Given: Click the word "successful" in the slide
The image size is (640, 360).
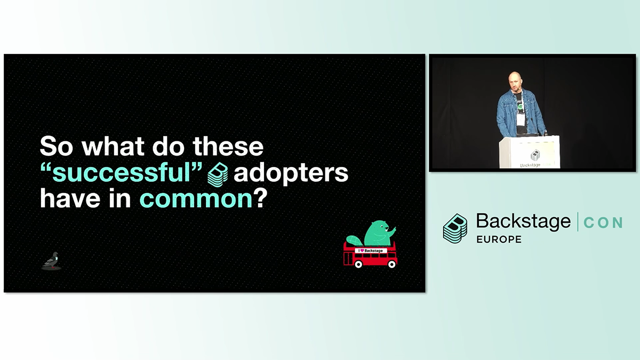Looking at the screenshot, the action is (121, 173).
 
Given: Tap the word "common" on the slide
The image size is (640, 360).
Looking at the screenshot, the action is (196, 199).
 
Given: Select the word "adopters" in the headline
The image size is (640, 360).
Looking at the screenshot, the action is (291, 173).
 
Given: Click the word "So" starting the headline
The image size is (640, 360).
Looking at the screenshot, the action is (57, 146).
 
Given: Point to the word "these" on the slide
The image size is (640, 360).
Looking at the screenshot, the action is (228, 146).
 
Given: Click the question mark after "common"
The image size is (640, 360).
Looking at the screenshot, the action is (260, 197).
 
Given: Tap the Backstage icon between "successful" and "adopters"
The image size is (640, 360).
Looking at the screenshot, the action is (218, 174).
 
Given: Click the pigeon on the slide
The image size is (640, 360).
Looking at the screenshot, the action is (51, 261).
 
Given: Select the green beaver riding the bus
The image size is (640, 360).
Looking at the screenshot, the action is (378, 233).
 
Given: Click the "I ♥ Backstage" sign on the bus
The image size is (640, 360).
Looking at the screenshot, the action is (371, 251).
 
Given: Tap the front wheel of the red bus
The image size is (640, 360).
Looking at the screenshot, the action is (392, 265).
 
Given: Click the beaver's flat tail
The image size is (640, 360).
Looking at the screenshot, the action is (354, 241).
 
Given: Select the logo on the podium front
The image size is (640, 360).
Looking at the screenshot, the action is (535, 155).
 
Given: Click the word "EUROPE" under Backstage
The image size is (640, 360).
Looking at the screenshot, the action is (499, 239).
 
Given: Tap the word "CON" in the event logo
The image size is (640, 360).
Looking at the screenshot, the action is (603, 223).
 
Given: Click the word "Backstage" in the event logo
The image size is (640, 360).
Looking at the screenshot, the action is (523, 222).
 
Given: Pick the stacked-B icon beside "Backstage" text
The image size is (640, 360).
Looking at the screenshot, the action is (455, 229).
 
